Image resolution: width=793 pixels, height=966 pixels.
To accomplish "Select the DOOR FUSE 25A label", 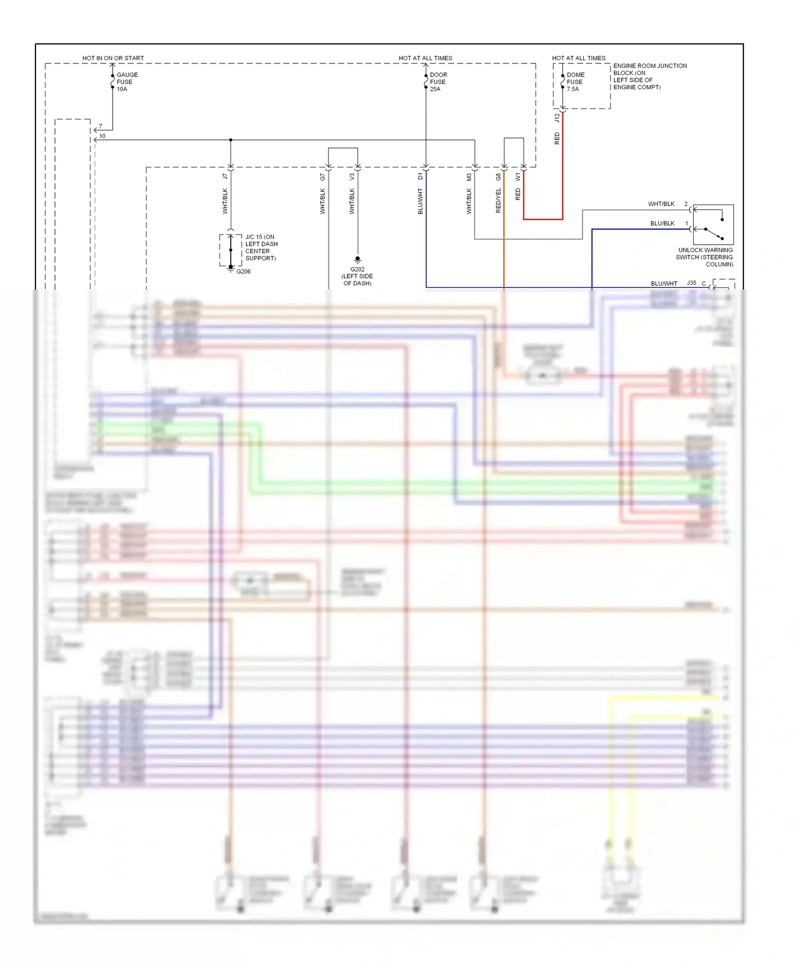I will coord(438,82).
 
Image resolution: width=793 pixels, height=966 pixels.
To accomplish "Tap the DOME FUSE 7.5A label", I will coord(575,82).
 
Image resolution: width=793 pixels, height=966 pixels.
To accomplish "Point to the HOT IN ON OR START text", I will coord(113,58).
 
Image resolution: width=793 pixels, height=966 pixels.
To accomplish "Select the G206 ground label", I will coord(243,272).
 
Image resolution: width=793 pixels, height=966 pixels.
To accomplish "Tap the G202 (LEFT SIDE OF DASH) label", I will coord(357,276).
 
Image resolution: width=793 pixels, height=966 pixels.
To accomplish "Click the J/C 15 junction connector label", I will coord(261,247).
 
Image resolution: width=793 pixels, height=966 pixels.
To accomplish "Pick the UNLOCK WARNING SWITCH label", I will coord(705,257).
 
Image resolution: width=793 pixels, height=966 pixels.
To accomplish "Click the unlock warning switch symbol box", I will coord(713,225).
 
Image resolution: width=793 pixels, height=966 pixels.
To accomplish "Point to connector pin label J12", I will coord(557,118).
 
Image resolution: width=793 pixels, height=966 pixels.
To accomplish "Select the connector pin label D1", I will coord(420,177).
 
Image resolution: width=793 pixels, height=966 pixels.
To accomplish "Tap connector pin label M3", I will coord(468,177).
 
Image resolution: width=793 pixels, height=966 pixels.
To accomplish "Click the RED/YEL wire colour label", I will coord(498,201).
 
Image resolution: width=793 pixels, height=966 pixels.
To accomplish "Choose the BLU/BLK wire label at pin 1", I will coord(662,224).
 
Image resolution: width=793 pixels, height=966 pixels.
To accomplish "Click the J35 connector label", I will coord(691,283).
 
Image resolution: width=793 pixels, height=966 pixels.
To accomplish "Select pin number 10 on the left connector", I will coord(102,136).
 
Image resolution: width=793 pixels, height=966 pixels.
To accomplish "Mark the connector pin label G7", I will coord(322,177).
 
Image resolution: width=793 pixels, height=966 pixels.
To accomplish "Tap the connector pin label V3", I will coord(352,177).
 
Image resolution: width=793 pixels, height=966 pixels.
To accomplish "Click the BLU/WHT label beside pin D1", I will coord(420,201).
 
